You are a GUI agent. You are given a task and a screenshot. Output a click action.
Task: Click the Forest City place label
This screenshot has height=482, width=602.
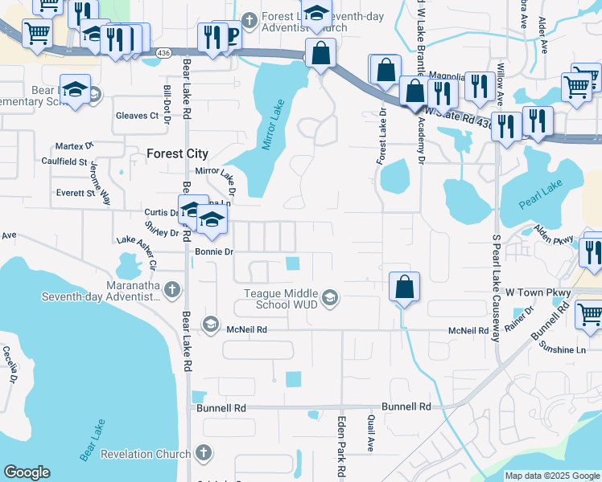point(177,153)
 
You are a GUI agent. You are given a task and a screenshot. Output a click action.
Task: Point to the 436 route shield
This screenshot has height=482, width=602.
point(164,53)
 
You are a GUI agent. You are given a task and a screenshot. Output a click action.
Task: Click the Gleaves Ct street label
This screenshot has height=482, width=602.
point(137,116)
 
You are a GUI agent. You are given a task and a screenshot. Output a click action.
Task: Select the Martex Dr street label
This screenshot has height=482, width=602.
point(74,146)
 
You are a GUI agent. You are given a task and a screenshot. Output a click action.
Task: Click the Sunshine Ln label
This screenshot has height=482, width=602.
point(562,350)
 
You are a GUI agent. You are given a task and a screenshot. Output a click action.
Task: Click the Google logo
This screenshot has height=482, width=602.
point(27,472)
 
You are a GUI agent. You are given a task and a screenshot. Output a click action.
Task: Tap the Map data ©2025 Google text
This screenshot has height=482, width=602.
point(551,476)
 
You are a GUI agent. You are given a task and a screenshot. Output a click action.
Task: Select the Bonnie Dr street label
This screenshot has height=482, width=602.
point(213,251)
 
